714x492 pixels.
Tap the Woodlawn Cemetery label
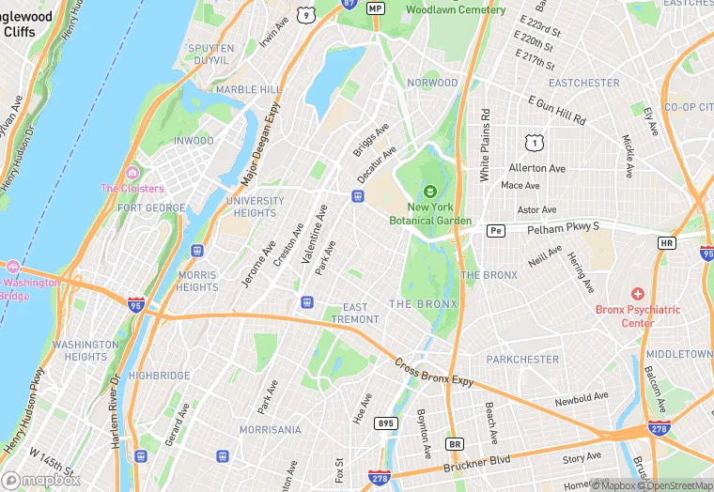(455, 9)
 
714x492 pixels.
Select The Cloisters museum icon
(132, 173)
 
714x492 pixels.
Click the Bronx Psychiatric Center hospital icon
(638, 294)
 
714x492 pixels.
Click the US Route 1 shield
(533, 142)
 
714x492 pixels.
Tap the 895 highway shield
(386, 423)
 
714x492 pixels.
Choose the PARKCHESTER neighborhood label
(522, 360)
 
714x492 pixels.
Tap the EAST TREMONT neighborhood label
(355, 314)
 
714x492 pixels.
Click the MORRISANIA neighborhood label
(270, 429)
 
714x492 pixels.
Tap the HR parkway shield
(666, 242)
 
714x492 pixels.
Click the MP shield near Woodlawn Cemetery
(376, 8)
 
